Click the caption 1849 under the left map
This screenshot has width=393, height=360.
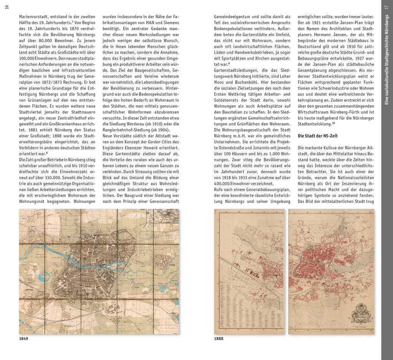[23, 338]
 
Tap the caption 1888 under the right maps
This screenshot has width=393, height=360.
[218, 338]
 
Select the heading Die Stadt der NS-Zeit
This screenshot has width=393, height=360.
[317, 136]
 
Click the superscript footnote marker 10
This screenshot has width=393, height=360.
[334, 123]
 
